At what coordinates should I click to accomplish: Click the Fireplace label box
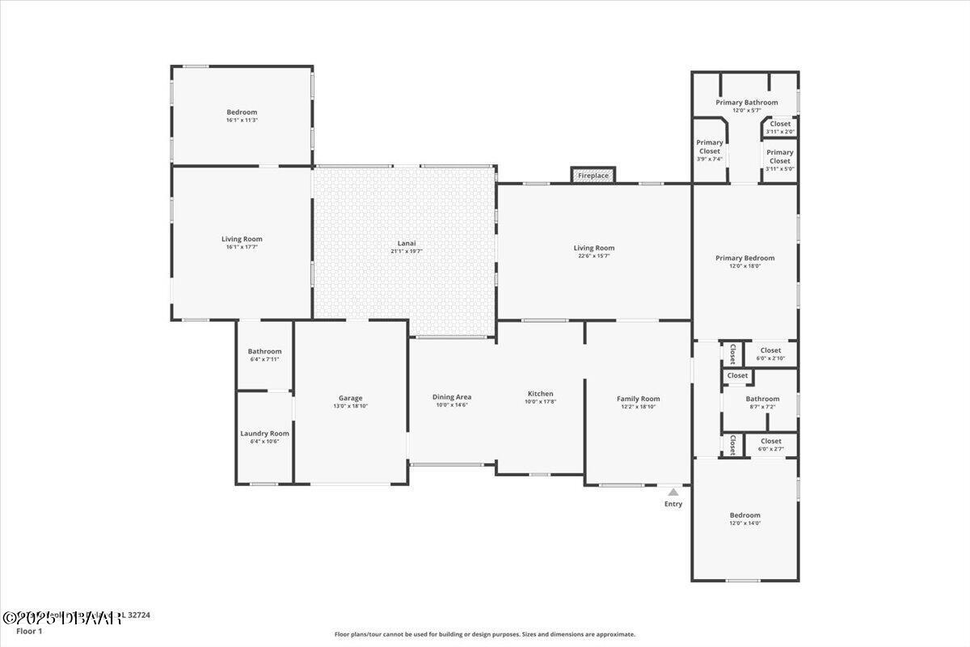coord(593,175)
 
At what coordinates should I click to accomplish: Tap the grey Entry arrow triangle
coord(673,492)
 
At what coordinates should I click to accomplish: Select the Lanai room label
coord(407,243)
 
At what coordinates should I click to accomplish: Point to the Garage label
coord(350,398)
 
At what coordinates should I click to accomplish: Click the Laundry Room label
coord(264,433)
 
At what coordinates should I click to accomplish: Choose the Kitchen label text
coord(540,394)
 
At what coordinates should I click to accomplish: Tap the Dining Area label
coord(452,397)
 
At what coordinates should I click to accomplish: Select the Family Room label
coord(638,399)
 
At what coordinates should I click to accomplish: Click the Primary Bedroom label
coord(744,258)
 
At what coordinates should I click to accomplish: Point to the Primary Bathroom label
coord(746,103)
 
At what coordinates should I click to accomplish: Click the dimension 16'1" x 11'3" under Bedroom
coord(242,121)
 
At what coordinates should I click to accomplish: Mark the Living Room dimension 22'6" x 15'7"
coord(593,256)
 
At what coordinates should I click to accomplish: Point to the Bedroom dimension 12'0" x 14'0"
coord(744,523)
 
